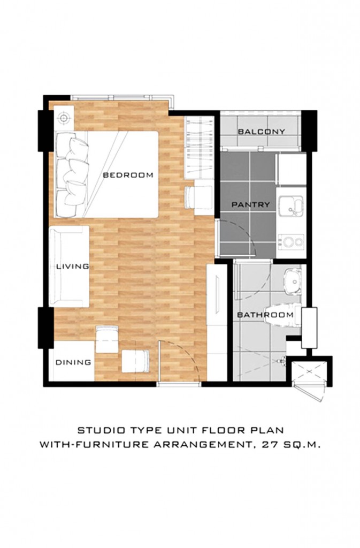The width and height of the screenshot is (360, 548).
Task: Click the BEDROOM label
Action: tap(128, 175)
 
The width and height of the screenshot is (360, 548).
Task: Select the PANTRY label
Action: tap(251, 204)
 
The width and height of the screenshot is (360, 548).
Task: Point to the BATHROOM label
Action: tap(265, 315)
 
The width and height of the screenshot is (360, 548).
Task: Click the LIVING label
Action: tap(73, 267)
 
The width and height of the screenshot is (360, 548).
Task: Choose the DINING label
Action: tap(73, 362)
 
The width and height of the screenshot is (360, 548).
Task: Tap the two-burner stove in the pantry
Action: tap(291, 241)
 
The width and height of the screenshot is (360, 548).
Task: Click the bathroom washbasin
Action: tap(293, 280)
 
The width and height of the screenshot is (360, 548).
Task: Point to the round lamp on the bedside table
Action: tap(64, 118)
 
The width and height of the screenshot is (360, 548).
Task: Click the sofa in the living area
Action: tap(69, 267)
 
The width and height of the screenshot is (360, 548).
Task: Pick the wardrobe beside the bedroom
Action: tap(198, 148)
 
